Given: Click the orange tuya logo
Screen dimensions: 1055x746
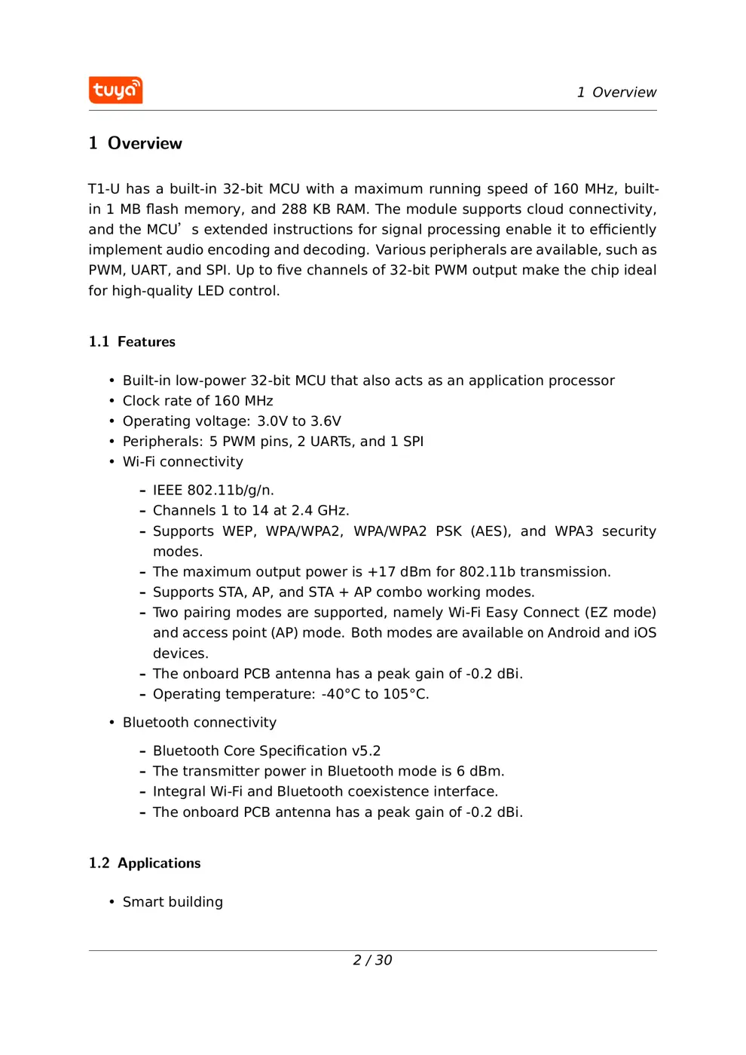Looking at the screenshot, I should pos(115,90).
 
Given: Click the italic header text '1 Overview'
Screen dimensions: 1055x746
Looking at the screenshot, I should pos(616,93).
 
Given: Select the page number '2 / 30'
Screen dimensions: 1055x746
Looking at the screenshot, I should pos(372,960).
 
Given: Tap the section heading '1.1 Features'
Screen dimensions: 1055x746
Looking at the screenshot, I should pos(132,342).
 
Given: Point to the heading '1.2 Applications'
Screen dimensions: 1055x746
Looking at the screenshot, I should pos(145,864).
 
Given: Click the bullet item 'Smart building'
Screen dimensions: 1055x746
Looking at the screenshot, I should pos(173,902).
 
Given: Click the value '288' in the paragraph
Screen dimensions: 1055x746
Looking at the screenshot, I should pos(294,209).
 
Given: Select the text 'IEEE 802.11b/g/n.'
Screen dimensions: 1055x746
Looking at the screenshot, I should pos(213,491).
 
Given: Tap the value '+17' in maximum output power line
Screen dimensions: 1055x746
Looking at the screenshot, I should pos(381,572).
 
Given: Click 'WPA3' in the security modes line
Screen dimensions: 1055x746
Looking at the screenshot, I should pos(573,531).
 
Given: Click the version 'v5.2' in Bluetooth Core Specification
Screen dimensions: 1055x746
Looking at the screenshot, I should pos(366,751).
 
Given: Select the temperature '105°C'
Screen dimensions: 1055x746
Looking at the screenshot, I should pos(405,694).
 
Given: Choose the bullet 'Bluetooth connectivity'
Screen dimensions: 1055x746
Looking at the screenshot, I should pos(199,723).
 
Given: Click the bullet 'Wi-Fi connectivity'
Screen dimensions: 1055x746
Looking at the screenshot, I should pos(182,462).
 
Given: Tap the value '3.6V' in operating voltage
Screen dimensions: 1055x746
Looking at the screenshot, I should pos(326,421).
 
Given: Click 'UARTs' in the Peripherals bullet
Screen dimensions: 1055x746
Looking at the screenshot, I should pos(332,442).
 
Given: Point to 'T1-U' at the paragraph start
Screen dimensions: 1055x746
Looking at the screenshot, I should pos(104,189).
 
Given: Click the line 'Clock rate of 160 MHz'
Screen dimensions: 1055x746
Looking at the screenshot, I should pos(197,401).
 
